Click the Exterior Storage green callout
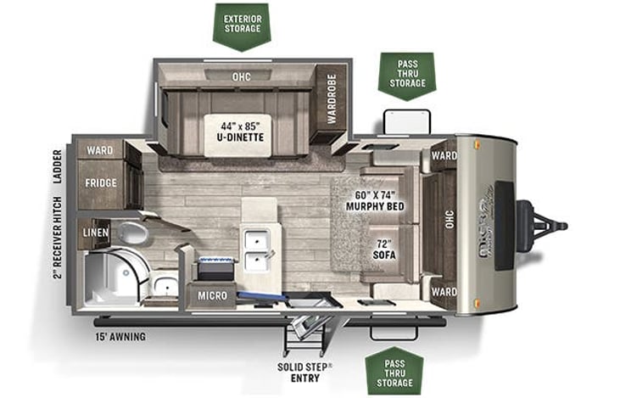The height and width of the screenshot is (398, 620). tap(241, 25)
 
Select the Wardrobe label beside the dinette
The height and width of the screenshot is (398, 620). tap(331, 98)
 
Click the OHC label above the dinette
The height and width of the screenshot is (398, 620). tap(241, 77)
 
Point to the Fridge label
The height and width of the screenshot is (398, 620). tap(100, 182)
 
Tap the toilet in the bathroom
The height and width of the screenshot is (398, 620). tap(131, 233)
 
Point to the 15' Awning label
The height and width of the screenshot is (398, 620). tap(120, 336)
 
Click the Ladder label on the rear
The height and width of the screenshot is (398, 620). tap(58, 167)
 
